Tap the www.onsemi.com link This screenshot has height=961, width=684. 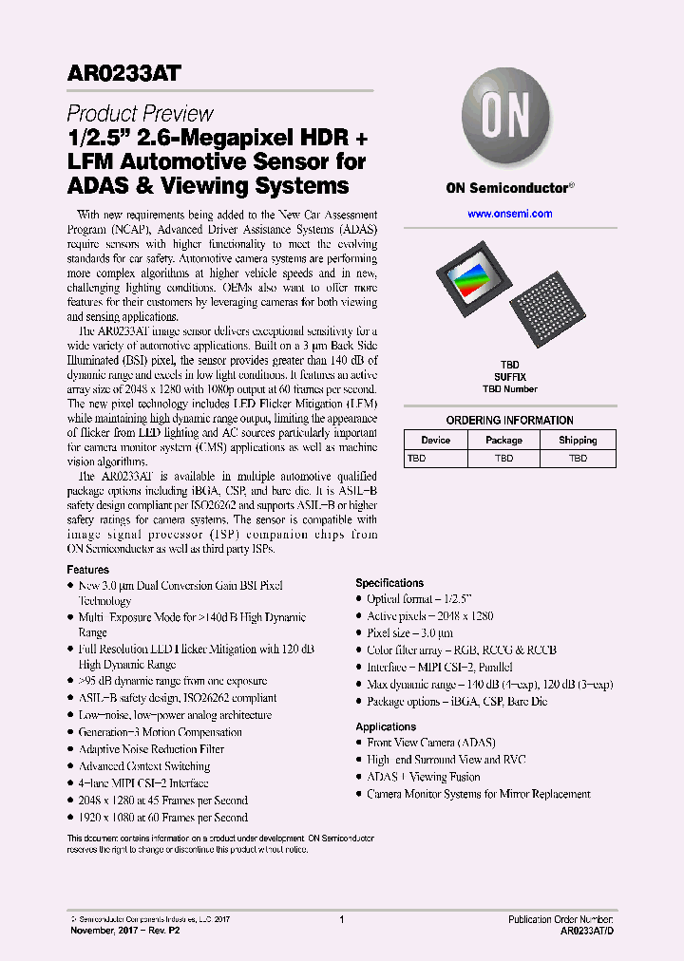(x=509, y=214)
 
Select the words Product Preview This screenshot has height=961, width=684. (x=140, y=114)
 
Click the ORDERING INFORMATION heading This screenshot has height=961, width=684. (x=509, y=420)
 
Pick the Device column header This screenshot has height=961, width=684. (x=436, y=440)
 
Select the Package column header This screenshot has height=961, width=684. (x=503, y=440)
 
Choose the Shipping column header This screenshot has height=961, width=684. (x=578, y=440)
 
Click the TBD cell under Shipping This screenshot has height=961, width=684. (x=578, y=458)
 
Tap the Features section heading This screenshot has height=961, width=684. (x=87, y=569)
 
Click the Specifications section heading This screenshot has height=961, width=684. (x=389, y=583)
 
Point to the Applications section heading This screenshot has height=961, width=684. (x=386, y=726)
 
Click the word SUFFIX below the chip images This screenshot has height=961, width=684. (x=509, y=376)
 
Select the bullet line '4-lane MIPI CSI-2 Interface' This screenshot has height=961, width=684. (x=143, y=783)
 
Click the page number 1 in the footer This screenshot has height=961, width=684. (x=341, y=919)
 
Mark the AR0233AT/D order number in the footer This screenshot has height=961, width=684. (x=587, y=932)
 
